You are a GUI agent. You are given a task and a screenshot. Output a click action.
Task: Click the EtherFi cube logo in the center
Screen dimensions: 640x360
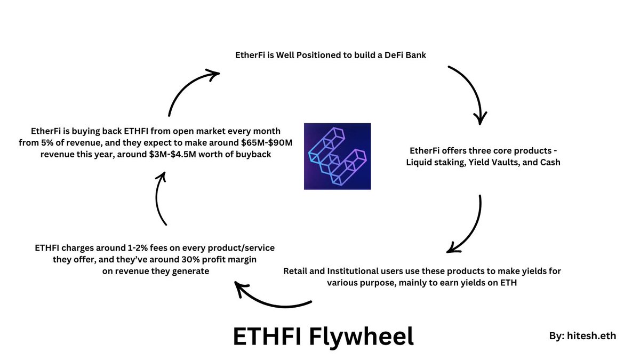[337, 156]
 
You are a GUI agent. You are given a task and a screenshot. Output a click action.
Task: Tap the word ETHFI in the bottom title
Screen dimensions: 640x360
[267, 336]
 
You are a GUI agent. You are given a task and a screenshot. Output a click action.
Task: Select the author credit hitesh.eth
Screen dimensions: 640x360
[591, 335]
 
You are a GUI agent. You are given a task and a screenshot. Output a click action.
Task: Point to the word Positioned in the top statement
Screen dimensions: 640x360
[318, 55]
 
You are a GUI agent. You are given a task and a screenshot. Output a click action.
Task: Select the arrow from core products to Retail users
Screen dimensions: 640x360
[474, 229]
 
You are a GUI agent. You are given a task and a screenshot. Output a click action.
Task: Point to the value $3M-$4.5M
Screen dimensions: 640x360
[173, 154]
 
